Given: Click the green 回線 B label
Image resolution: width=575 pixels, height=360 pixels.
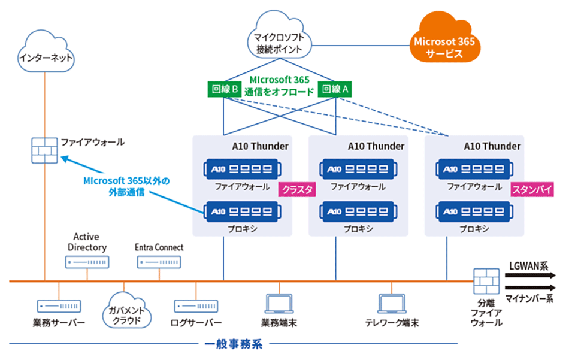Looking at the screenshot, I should tap(226, 89).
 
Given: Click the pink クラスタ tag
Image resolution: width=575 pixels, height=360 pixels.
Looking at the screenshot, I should tap(296, 190).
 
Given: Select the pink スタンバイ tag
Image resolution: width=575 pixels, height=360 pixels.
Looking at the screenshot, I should tap(531, 190).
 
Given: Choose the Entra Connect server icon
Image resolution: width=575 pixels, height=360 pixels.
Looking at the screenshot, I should tap(159, 262).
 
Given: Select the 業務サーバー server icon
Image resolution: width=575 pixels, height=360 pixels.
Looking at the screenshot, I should tap(59, 306).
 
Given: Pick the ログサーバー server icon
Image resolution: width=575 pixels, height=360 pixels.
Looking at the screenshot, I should tap(196, 306).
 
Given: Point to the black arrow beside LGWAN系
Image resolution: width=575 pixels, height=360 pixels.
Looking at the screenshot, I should tap(531, 276).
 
